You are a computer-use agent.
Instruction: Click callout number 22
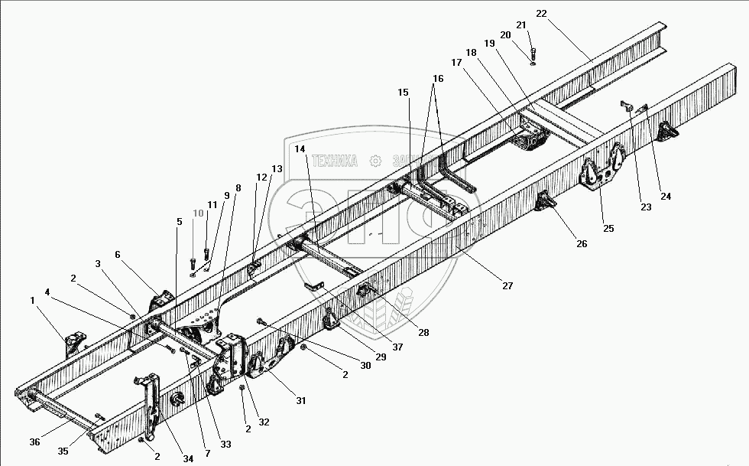click(563, 14)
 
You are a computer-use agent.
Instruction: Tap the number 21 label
click(522, 25)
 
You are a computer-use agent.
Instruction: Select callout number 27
click(507, 285)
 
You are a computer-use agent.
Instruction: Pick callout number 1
click(33, 301)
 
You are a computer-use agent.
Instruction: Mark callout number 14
click(299, 148)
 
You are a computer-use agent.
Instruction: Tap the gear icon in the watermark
click(375, 161)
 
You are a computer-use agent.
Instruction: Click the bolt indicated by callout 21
click(532, 54)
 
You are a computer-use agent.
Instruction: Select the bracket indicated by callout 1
click(74, 343)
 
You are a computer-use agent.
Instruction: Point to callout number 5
click(179, 222)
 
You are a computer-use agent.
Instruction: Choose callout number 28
click(423, 332)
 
